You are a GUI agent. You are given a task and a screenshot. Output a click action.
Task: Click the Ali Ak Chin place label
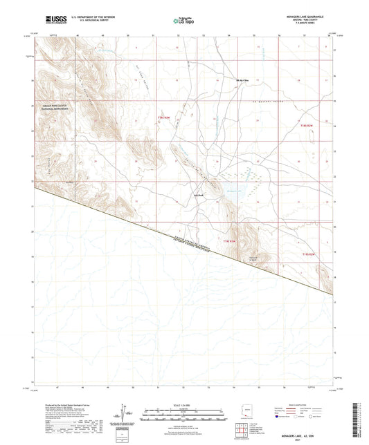coord(241,80)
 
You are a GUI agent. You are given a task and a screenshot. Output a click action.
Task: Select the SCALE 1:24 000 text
coord(183,404)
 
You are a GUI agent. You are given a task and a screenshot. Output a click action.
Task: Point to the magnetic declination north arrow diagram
coord(126,413)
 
